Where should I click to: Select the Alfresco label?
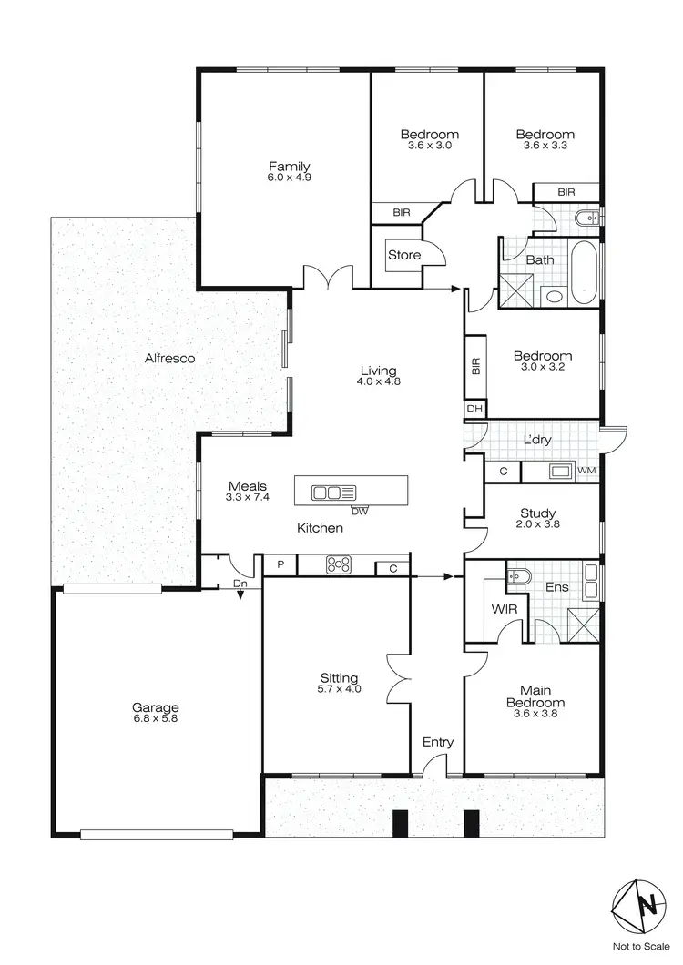click(170, 359)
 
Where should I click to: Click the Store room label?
click(404, 255)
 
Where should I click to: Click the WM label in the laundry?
click(586, 471)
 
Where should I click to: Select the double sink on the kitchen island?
click(333, 493)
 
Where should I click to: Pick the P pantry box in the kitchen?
click(281, 565)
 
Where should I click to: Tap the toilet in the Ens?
click(517, 577)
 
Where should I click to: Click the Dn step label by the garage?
click(240, 584)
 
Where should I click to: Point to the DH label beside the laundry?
click(474, 410)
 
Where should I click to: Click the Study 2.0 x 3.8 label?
click(538, 519)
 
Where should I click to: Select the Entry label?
click(437, 743)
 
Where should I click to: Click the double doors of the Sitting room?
click(397, 678)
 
